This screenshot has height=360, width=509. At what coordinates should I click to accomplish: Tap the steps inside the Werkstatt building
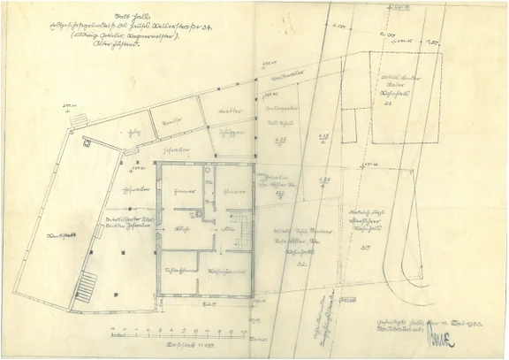(86, 287)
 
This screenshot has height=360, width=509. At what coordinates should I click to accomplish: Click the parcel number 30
(366, 247)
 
